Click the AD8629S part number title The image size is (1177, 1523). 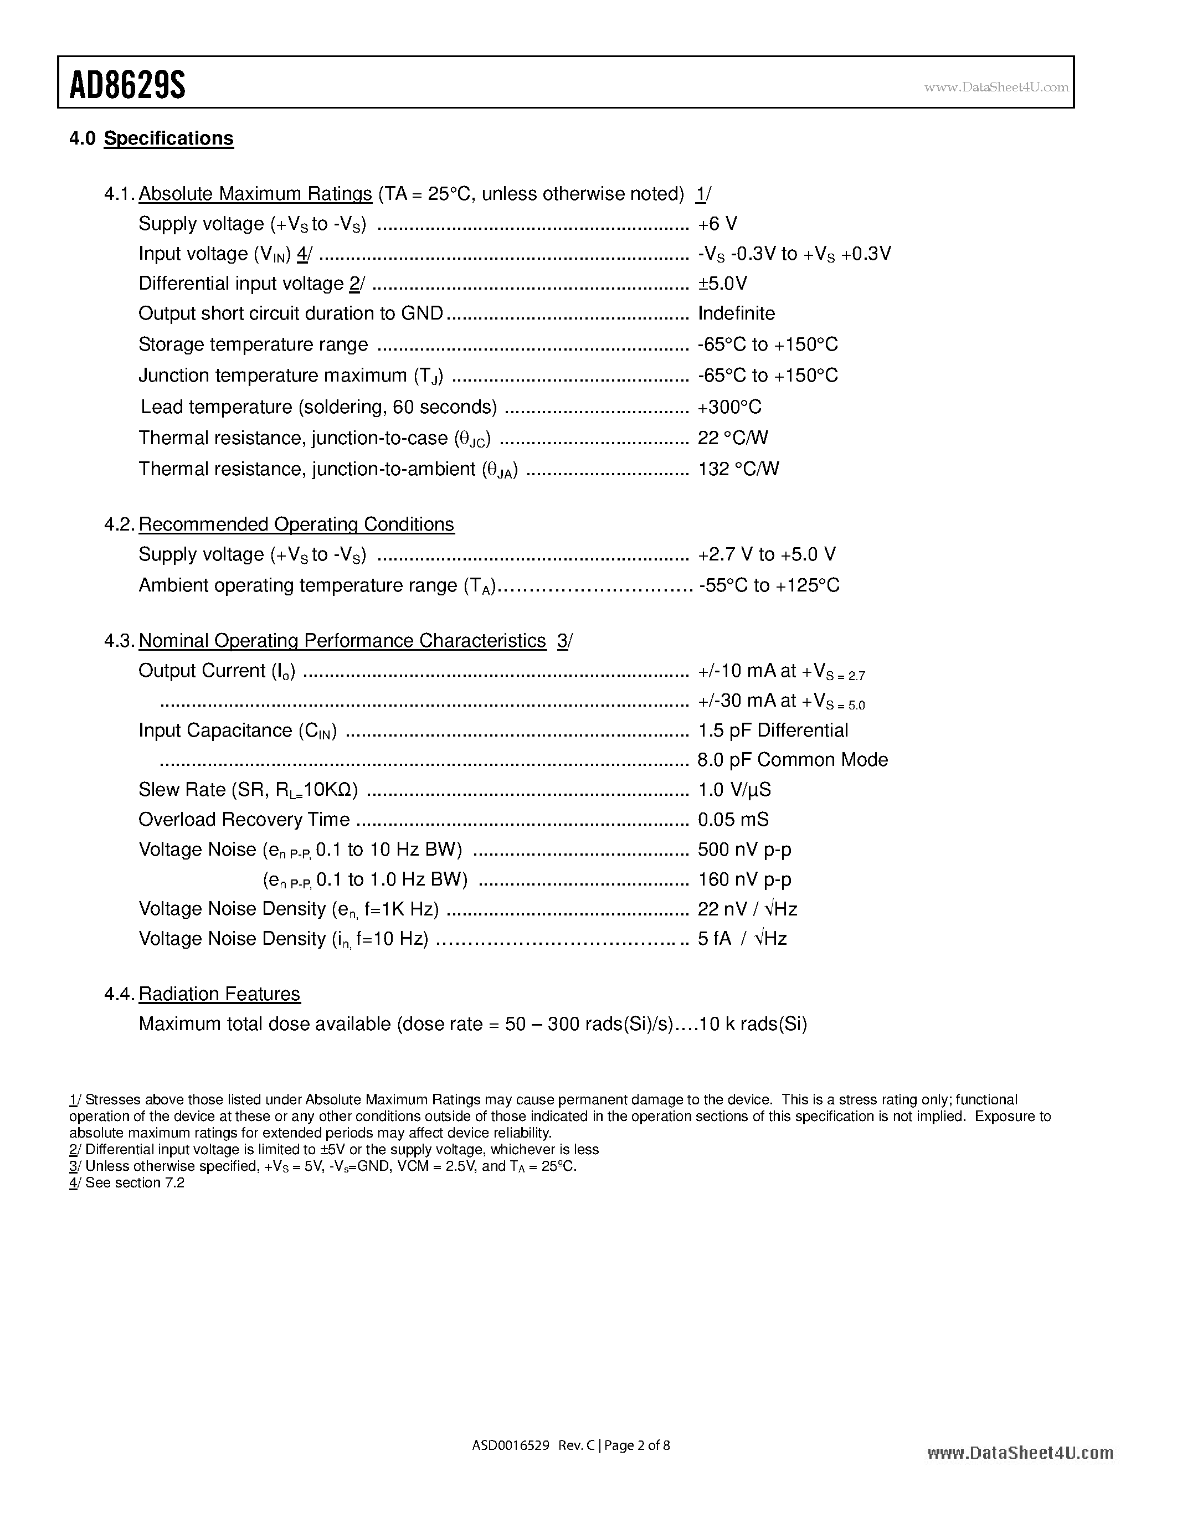coord(127,86)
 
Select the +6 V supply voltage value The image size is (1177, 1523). coord(717,224)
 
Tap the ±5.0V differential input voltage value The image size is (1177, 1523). coord(722,284)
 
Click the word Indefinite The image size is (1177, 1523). coord(736,314)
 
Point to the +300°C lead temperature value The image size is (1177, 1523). coord(729,407)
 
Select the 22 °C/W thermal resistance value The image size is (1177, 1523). coord(732,438)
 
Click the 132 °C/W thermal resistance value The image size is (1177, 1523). coord(738,469)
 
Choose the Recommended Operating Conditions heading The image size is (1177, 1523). coord(296,524)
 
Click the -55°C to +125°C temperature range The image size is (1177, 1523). coord(768,585)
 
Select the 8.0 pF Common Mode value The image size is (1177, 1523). coord(792,759)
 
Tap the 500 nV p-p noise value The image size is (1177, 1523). coord(744,850)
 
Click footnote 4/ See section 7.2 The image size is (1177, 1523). coord(127,1183)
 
